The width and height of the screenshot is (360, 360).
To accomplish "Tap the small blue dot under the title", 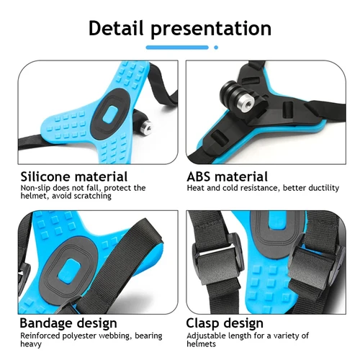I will (216, 48).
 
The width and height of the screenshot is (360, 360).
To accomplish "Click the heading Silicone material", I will (74, 176).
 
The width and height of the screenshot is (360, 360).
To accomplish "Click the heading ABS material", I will (227, 176).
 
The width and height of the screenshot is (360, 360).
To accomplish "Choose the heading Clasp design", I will (225, 323).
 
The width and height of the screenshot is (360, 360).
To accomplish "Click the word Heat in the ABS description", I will (197, 188).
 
